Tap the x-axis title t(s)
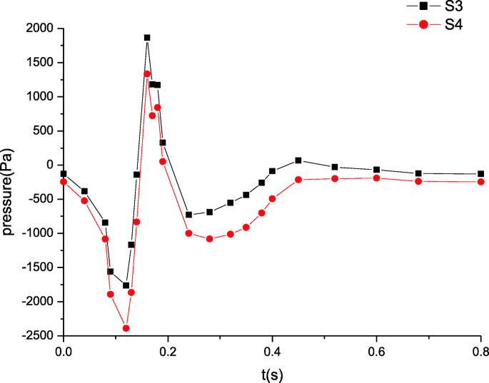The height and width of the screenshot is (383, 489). click(272, 372)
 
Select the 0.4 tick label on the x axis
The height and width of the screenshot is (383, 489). click(272, 350)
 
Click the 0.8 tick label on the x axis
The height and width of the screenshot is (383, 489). click(481, 350)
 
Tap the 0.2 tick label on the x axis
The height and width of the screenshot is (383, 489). click(168, 350)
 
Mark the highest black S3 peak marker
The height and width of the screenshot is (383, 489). click(147, 38)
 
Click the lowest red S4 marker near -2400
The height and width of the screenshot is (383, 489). click(126, 328)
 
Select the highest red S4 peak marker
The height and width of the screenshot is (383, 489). click(147, 73)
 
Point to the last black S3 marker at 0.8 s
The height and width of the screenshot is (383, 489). click(481, 174)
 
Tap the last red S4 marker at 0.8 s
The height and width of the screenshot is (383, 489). click(481, 182)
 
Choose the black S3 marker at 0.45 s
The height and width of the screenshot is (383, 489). click(298, 160)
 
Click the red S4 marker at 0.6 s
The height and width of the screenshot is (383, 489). click(376, 178)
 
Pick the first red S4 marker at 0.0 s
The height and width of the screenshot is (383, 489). click(64, 182)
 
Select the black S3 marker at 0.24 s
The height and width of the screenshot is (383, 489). click(188, 215)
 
